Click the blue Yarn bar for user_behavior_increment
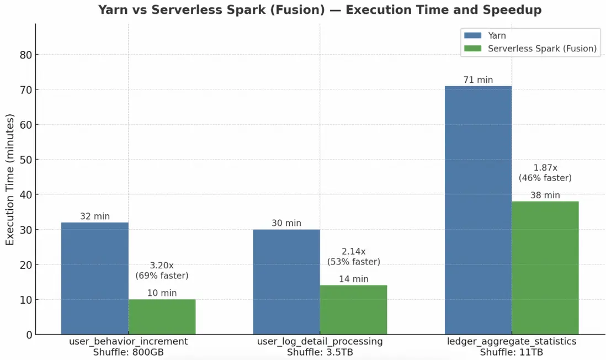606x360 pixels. (94, 278)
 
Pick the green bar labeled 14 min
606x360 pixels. (353, 310)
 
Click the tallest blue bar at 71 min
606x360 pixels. (478, 210)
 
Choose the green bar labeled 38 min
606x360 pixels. (545, 268)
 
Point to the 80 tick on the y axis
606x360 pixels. (25, 55)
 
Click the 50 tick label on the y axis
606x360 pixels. (25, 160)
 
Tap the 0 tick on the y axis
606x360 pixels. (28, 335)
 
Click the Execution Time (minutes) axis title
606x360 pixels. (10, 179)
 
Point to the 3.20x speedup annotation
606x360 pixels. (162, 266)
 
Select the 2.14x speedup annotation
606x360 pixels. (353, 251)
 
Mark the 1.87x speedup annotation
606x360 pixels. (545, 167)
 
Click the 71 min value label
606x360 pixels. (478, 80)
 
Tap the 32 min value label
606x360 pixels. (95, 216)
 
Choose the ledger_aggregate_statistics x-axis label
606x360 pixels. (512, 342)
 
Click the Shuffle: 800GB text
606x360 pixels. (128, 352)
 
